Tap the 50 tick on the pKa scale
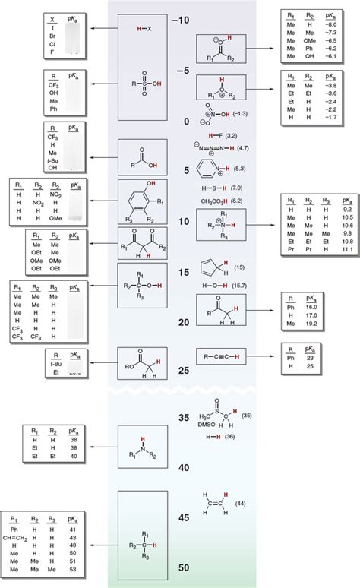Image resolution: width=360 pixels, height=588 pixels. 180,567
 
